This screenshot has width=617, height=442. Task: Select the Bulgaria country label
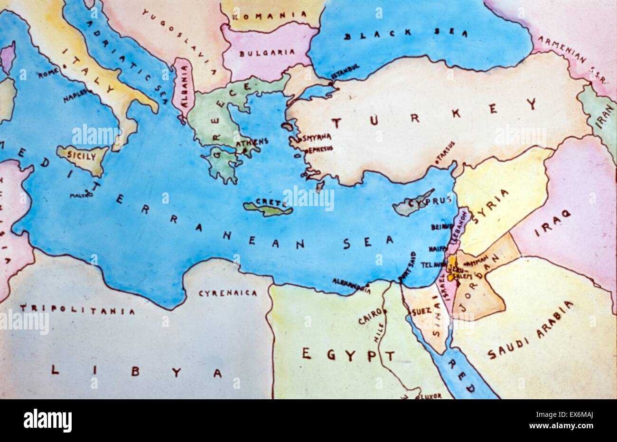[x=267, y=53]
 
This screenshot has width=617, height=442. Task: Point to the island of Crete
[x=268, y=207]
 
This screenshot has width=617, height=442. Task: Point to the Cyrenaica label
[x=228, y=293]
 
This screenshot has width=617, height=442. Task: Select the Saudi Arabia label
[x=531, y=331]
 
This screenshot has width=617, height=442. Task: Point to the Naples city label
[x=75, y=96]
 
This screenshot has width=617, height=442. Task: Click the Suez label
[x=421, y=311]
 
